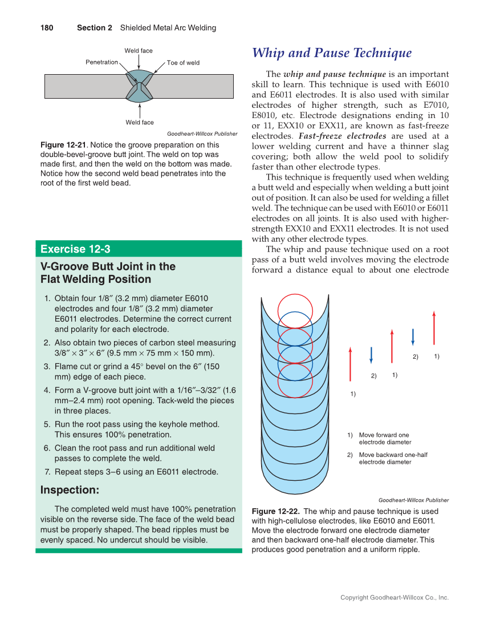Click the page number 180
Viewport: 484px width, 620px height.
(x=47, y=28)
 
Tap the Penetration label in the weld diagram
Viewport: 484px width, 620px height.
(x=101, y=62)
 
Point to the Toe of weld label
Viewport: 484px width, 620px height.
(x=183, y=63)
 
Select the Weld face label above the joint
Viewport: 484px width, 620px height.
(x=139, y=51)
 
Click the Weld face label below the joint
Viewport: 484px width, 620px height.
(x=140, y=123)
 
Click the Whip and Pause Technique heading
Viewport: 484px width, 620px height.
(x=332, y=54)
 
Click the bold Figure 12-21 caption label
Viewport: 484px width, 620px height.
(x=63, y=145)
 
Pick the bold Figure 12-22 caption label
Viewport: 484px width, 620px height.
(x=276, y=512)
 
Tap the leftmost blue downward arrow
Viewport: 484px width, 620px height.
(x=371, y=355)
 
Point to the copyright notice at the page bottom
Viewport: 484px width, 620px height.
(x=394, y=598)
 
